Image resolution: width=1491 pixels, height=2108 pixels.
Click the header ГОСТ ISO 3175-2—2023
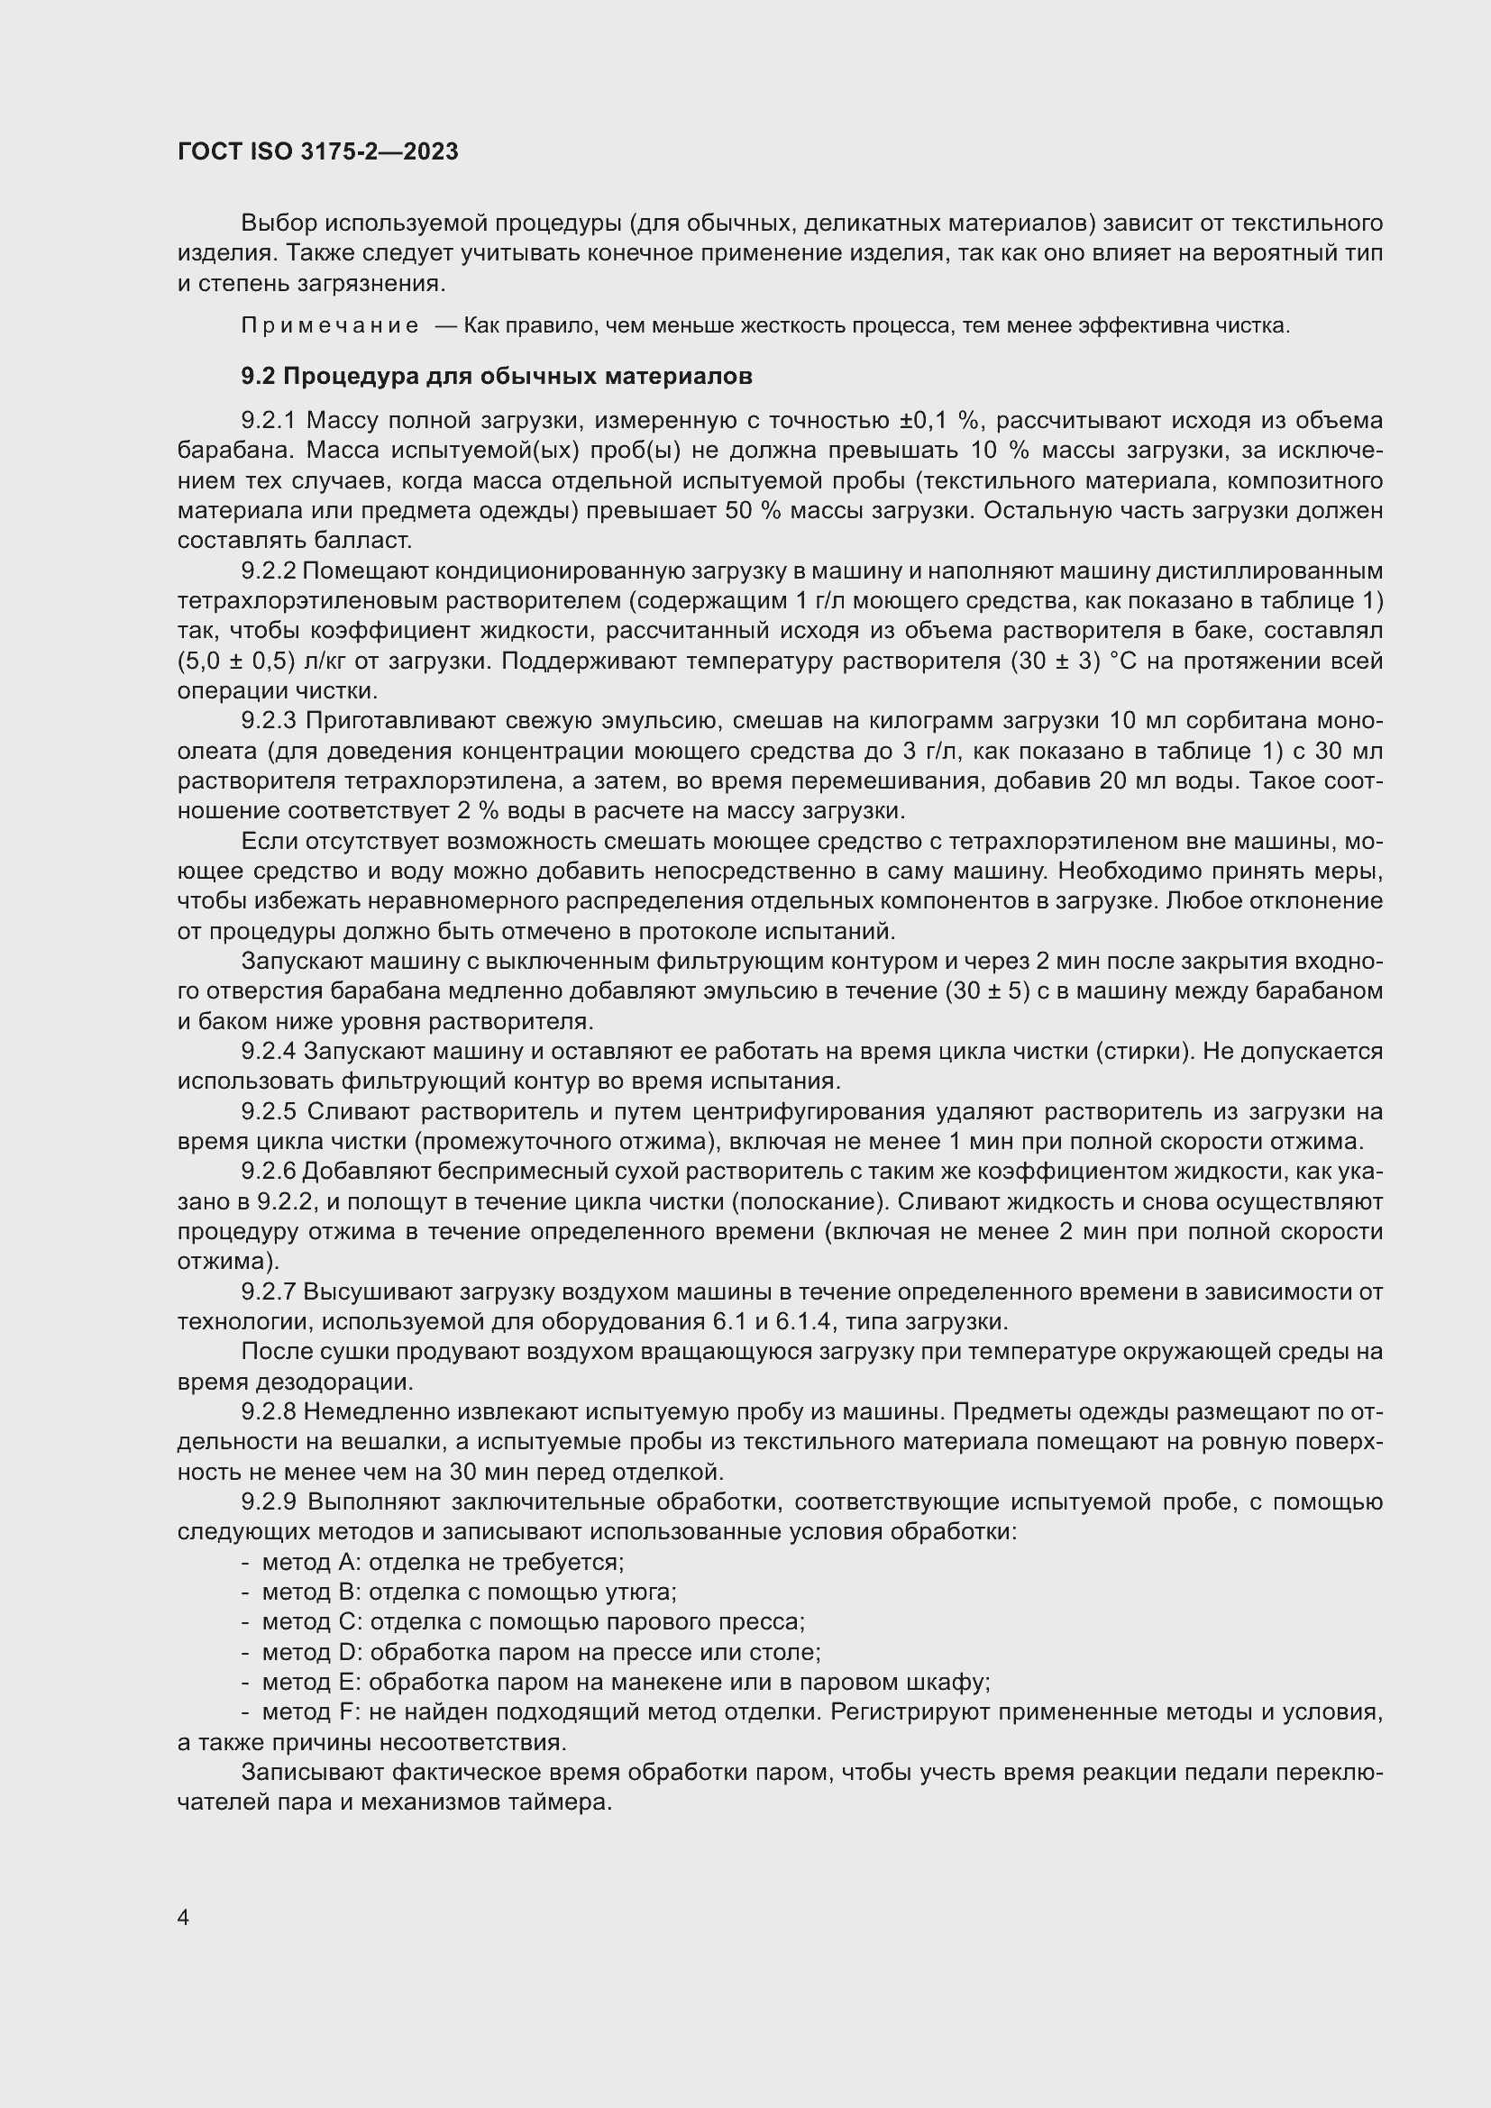click(317, 151)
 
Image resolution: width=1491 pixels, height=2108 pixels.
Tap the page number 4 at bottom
click(184, 1918)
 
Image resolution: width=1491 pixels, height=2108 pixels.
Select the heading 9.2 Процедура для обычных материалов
click(497, 376)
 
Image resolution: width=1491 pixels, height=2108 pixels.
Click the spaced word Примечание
click(330, 326)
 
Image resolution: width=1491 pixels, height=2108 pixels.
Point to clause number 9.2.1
click(268, 421)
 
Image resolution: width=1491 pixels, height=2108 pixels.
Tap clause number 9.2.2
click(268, 571)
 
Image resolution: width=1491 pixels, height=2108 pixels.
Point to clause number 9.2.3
click(268, 721)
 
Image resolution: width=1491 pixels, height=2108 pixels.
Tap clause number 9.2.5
click(268, 1112)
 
